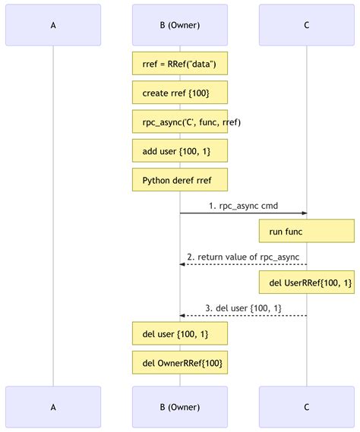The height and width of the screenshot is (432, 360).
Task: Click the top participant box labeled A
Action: coord(53,25)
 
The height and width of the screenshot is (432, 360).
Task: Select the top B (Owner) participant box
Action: coord(180,25)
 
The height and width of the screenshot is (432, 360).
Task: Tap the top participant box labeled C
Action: coord(306,25)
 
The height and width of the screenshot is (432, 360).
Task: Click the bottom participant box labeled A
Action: coord(53,407)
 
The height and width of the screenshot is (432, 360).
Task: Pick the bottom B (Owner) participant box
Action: coord(180,407)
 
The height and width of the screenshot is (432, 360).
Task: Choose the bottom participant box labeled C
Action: coord(306,407)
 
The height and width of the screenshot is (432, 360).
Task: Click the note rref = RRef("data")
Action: coord(180,65)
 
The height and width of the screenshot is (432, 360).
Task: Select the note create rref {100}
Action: coord(180,93)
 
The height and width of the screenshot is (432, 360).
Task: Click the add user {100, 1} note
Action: coord(180,151)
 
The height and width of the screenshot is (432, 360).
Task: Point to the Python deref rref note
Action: coord(180,180)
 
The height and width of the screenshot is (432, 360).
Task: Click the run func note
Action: coord(306,231)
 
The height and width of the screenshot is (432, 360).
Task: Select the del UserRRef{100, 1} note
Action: coord(306,282)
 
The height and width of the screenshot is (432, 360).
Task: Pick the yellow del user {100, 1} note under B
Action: coord(180,334)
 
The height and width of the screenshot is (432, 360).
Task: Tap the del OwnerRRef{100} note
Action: coord(180,363)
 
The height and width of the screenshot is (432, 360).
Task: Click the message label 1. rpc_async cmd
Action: coord(243,205)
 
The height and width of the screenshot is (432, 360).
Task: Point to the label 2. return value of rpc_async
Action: coord(243,256)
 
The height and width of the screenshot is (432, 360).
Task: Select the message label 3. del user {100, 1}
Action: coord(243,307)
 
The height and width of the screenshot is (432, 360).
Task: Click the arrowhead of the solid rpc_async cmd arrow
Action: coord(303,213)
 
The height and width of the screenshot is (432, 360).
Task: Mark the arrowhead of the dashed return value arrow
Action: coord(183,264)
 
